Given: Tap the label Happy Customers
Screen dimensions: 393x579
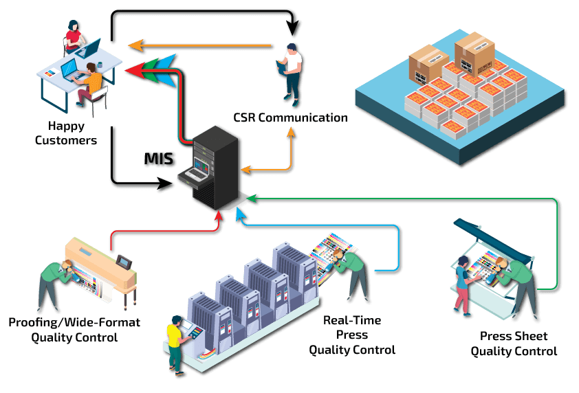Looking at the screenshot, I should pos(72,133).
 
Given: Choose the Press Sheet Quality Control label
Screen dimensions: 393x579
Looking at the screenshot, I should pos(514,344).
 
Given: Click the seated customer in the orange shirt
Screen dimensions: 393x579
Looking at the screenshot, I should pos(90,80).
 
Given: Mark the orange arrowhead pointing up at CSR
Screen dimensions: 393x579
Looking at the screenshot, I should pos(292,133).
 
